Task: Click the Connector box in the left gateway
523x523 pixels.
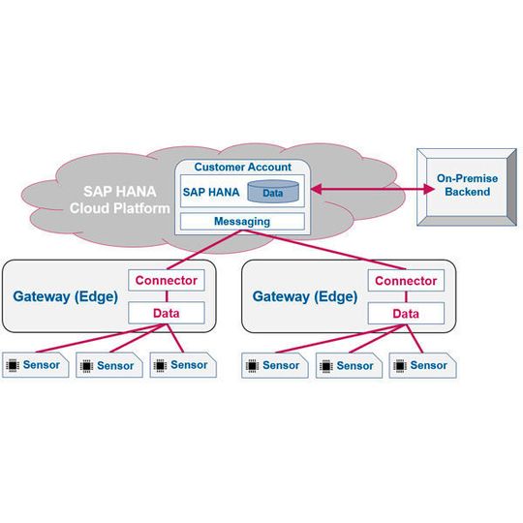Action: (x=166, y=281)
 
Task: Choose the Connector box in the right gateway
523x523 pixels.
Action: (x=406, y=281)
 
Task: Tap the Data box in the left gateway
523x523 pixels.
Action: (x=166, y=313)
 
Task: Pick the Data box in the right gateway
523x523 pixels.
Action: (x=406, y=313)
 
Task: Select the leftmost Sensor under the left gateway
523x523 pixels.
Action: (x=35, y=365)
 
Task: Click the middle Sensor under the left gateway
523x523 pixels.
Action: (x=108, y=366)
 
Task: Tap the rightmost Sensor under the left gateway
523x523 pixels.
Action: (x=180, y=365)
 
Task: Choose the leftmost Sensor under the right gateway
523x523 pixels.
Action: (x=273, y=366)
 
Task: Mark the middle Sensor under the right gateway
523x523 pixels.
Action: (x=347, y=366)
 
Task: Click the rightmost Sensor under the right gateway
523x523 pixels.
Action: (x=420, y=365)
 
